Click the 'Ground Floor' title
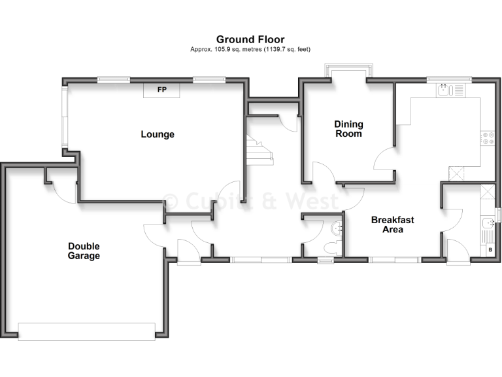click(x=250, y=40)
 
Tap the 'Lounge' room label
click(x=158, y=134)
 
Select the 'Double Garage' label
click(x=84, y=251)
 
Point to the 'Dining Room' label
click(x=348, y=129)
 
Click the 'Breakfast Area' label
click(x=392, y=224)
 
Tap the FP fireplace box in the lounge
click(x=161, y=90)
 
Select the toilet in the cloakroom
click(x=332, y=246)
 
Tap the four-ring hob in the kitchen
click(x=487, y=137)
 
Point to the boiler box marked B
click(x=490, y=250)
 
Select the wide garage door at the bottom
click(x=86, y=331)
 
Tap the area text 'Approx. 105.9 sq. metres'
click(x=226, y=50)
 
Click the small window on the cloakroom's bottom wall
click(x=325, y=260)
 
